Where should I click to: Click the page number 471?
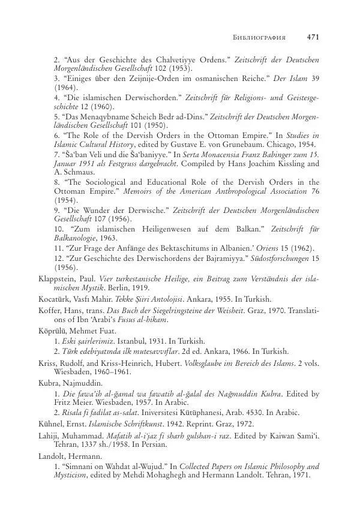click(312, 37)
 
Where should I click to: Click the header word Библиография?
click(259, 37)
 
